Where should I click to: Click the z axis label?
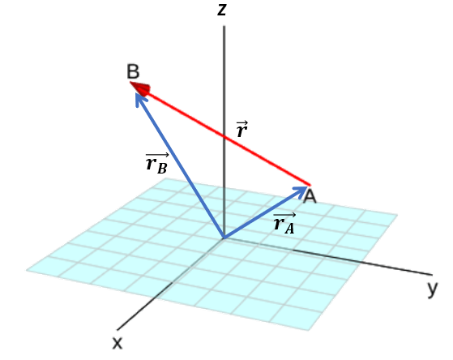point(221,10)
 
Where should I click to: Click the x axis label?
point(118,343)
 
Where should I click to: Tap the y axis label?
point(433,289)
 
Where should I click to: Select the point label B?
point(133,71)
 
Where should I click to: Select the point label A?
point(310,197)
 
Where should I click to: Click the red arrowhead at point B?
point(141,88)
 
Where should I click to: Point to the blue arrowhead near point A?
point(301,191)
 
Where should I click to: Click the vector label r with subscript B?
point(157,163)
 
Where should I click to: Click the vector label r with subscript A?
point(284,223)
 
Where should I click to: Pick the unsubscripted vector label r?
point(241,129)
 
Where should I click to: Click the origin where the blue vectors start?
point(224,238)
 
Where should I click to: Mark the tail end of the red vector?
point(310,185)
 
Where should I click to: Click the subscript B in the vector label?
point(162,169)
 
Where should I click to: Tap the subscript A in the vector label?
point(289,229)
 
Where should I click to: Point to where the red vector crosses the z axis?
point(224,135)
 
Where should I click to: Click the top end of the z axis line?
point(224,26)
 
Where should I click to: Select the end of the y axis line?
point(432,274)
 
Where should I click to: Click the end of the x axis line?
point(117,330)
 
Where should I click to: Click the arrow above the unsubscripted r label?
point(242,123)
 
